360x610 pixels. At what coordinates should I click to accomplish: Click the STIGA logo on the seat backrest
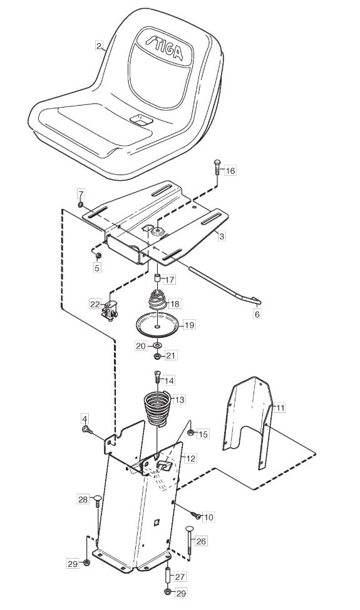click(164, 48)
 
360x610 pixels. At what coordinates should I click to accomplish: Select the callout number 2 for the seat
click(100, 46)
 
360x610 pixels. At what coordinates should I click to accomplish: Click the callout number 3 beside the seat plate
click(221, 236)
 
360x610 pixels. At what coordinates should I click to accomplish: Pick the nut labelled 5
click(98, 256)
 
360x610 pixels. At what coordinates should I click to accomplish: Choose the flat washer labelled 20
click(157, 345)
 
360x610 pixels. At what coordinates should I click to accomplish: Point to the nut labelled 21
click(157, 355)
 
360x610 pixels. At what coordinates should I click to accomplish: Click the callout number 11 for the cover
click(280, 408)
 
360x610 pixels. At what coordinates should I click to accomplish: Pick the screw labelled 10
click(196, 515)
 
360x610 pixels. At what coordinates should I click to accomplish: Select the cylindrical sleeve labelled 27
click(168, 575)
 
